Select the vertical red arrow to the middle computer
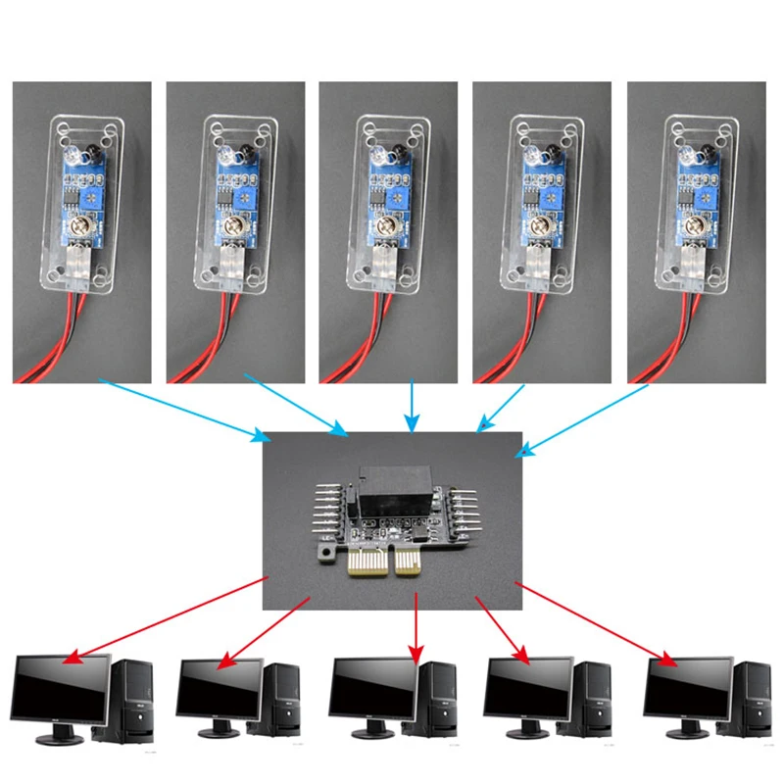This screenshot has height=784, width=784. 416,627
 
